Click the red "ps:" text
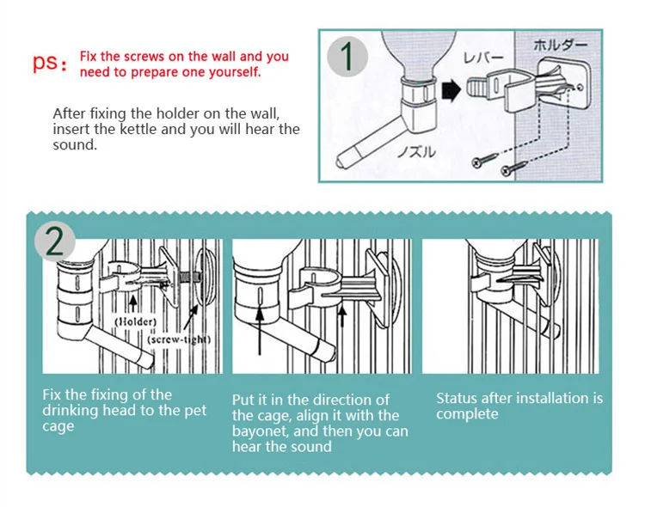coord(49,63)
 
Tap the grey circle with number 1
coord(347,57)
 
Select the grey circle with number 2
coord(55,242)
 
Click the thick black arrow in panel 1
coord(451,91)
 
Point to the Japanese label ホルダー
coord(560,45)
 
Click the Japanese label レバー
coord(483,58)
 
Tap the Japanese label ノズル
coord(416,152)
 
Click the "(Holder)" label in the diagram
coord(135,321)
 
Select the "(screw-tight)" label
coord(179,339)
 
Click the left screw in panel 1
coord(484,161)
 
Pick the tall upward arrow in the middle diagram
coord(260,332)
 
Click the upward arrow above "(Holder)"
coord(132,304)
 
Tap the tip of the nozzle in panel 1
coord(339,162)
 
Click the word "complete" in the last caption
coord(467,414)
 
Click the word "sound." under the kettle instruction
coord(75,144)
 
